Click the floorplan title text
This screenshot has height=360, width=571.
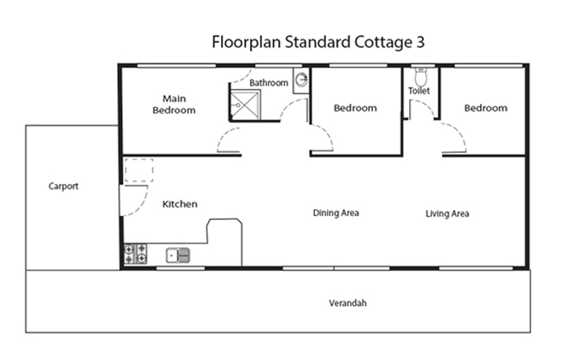tap(319, 42)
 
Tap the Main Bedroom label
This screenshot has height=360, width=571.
tap(174, 104)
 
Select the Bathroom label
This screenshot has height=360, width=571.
tap(269, 83)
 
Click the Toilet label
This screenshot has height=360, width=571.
tap(419, 90)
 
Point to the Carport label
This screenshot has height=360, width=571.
tap(63, 186)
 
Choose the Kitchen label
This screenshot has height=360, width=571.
tap(180, 204)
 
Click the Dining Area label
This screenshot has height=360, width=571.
tap(336, 213)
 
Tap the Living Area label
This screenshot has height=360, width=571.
tap(447, 214)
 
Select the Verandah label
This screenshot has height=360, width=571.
tap(347, 304)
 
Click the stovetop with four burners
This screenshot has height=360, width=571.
tap(135, 254)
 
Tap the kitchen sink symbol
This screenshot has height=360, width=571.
tap(178, 255)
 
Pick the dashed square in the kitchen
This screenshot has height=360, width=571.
tap(138, 169)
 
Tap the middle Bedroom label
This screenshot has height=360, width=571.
tap(355, 108)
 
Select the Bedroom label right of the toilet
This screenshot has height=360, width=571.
tap(485, 108)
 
